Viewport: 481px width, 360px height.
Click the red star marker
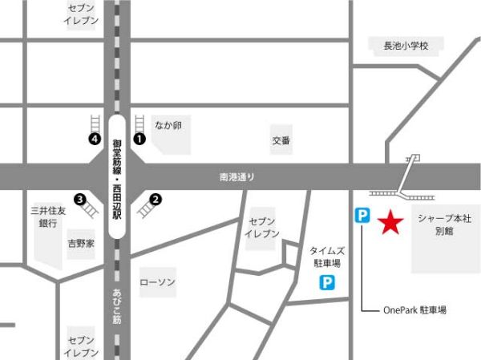click(390, 222)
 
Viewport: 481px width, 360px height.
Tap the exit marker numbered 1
click(139, 139)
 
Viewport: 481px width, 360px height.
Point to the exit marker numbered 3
click(79, 199)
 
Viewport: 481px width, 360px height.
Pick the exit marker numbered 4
click(95, 139)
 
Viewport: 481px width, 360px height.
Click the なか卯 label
click(169, 126)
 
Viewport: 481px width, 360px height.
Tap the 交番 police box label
click(281, 140)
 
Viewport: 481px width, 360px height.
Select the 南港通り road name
click(236, 176)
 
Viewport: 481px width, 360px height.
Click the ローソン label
click(157, 282)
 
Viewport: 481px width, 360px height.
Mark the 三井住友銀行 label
click(47, 216)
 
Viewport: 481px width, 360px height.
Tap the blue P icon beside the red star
click(363, 215)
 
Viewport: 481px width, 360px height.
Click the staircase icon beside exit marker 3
click(91, 208)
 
